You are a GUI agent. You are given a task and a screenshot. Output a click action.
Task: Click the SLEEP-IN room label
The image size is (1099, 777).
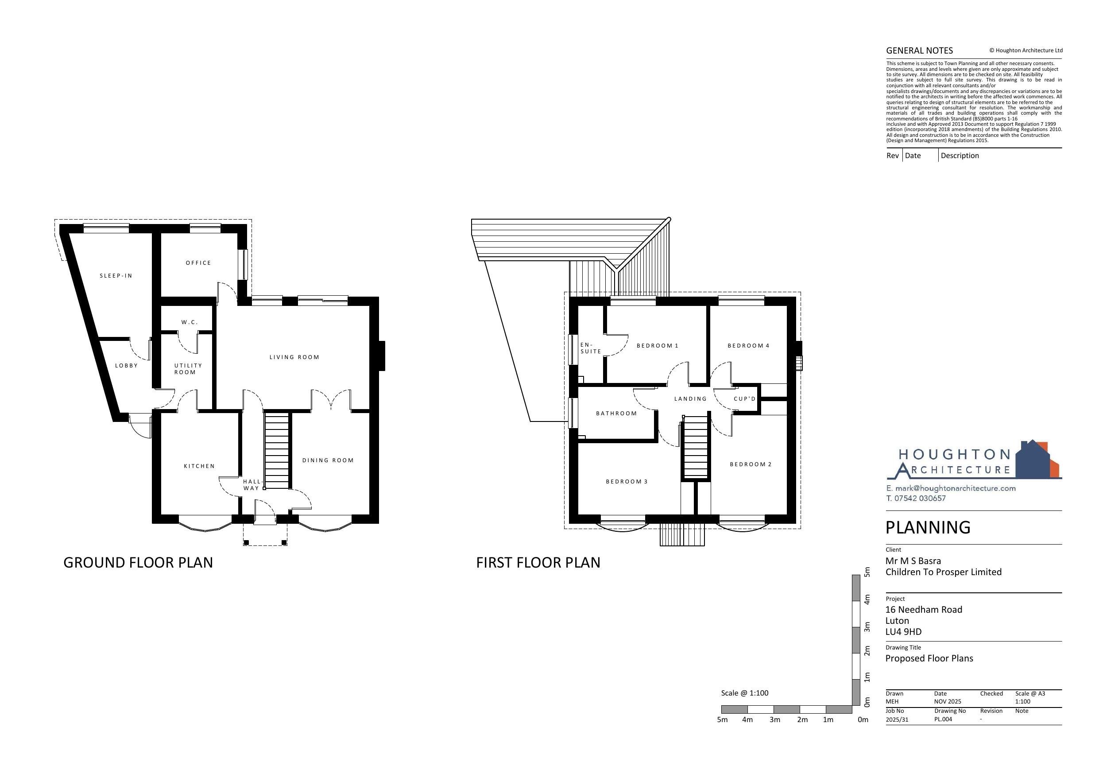116,276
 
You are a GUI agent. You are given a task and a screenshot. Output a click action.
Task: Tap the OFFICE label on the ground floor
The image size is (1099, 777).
198,263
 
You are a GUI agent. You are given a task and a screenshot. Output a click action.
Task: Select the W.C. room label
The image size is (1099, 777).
190,322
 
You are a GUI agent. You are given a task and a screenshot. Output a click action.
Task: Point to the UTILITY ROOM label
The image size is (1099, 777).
188,369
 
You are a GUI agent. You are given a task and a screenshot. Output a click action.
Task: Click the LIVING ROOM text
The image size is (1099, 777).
294,357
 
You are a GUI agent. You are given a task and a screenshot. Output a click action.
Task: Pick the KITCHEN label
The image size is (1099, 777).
199,466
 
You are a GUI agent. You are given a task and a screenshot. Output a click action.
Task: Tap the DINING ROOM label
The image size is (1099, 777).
328,460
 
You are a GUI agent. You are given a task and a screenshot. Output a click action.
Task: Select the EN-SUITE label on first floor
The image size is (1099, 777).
590,348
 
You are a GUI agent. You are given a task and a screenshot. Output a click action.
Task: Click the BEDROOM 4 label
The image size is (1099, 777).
748,346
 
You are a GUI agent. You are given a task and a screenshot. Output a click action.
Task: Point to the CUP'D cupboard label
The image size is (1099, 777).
744,399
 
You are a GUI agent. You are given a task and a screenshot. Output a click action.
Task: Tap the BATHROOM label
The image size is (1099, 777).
616,413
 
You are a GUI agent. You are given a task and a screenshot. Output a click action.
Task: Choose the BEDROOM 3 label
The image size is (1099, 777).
627,482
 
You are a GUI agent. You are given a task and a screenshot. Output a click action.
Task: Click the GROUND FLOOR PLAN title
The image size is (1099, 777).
138,563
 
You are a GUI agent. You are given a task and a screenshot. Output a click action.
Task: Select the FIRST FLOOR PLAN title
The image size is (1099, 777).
538,563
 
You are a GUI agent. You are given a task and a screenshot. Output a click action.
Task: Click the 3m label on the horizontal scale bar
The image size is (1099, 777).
774,719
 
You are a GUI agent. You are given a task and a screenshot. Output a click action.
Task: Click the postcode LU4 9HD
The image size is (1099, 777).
903,631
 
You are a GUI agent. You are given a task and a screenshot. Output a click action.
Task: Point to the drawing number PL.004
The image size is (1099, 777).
943,719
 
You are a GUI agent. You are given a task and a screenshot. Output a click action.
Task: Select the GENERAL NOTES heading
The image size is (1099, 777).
919,51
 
